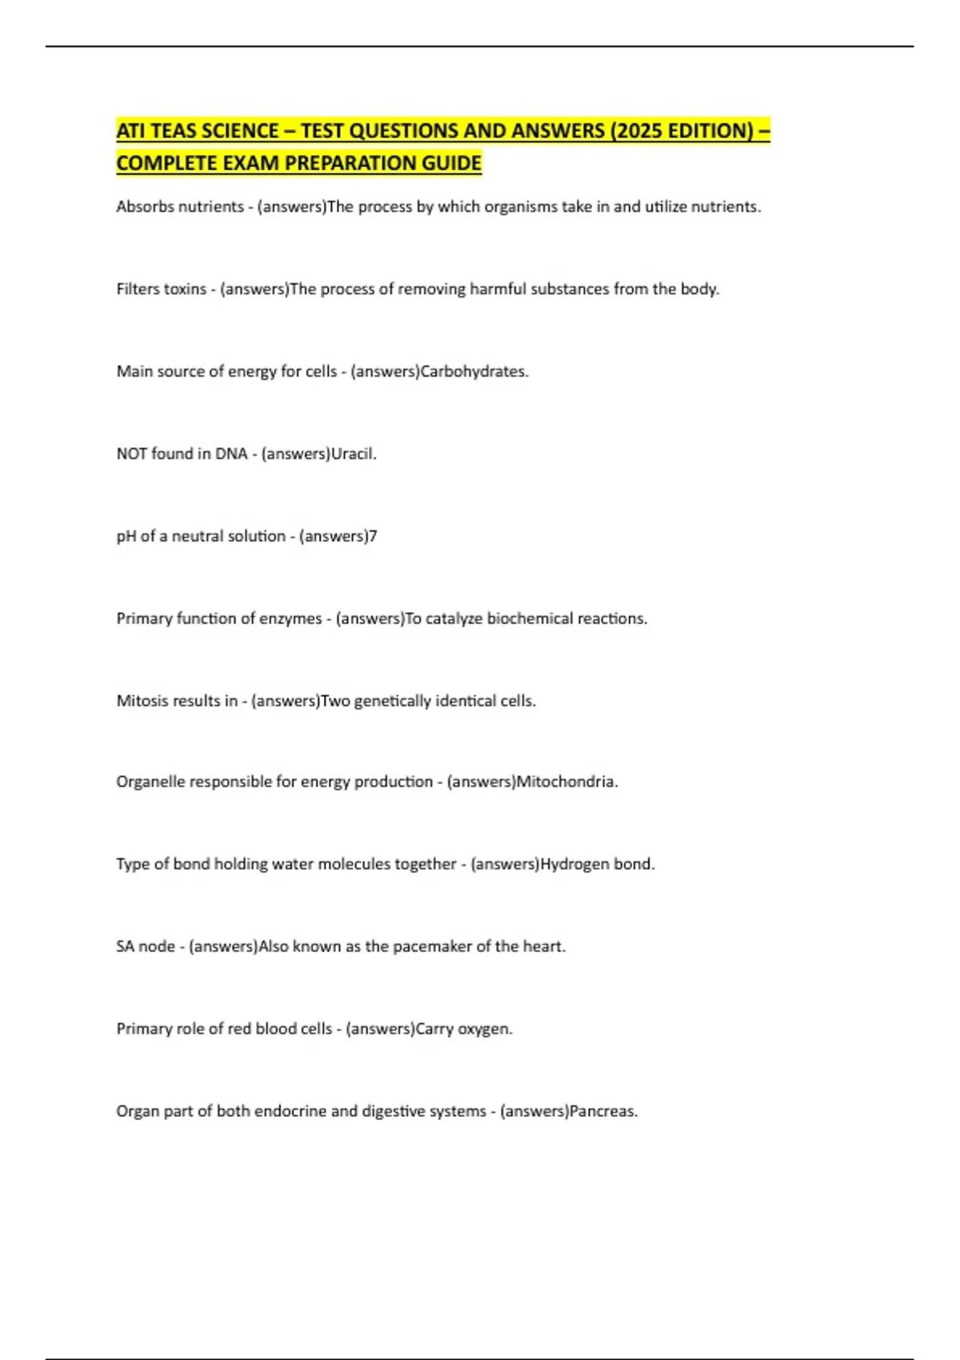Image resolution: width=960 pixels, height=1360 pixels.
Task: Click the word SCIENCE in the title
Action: pyautogui.click(x=238, y=130)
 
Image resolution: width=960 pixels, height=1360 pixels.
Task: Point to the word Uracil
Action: pyautogui.click(x=354, y=454)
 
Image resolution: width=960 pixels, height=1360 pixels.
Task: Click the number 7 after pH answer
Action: pyautogui.click(x=373, y=536)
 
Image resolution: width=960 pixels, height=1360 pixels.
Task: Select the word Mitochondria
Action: pyautogui.click(x=567, y=782)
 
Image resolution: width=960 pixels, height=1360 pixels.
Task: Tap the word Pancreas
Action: pyautogui.click(x=603, y=1111)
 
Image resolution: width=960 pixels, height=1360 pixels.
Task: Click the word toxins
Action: pyautogui.click(x=186, y=289)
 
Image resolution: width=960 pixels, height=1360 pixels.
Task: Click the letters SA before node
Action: pyautogui.click(x=125, y=946)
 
